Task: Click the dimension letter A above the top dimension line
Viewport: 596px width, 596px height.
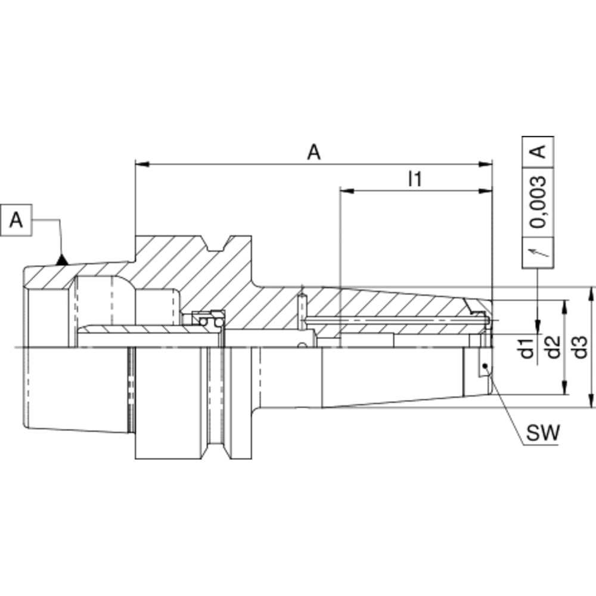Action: pyautogui.click(x=314, y=153)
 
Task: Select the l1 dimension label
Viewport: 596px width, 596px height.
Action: pyautogui.click(x=415, y=179)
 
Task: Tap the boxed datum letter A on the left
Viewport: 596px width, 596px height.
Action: pyautogui.click(x=16, y=220)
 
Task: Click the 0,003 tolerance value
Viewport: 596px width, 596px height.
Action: pyautogui.click(x=538, y=202)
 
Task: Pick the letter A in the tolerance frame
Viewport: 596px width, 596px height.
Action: pyautogui.click(x=538, y=151)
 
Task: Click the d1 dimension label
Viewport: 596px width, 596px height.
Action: pyautogui.click(x=527, y=347)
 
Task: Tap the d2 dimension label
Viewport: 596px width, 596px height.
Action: pyautogui.click(x=554, y=347)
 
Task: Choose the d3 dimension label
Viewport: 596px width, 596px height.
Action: pyautogui.click(x=580, y=347)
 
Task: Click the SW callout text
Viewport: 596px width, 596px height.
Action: pyautogui.click(x=543, y=433)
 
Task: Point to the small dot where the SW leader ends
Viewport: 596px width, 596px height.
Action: pyautogui.click(x=485, y=366)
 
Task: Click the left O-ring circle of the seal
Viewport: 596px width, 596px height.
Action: pyautogui.click(x=204, y=322)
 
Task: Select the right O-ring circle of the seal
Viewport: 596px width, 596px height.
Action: pyautogui.click(x=218, y=322)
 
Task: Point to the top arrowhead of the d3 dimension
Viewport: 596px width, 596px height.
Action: pyautogui.click(x=591, y=294)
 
